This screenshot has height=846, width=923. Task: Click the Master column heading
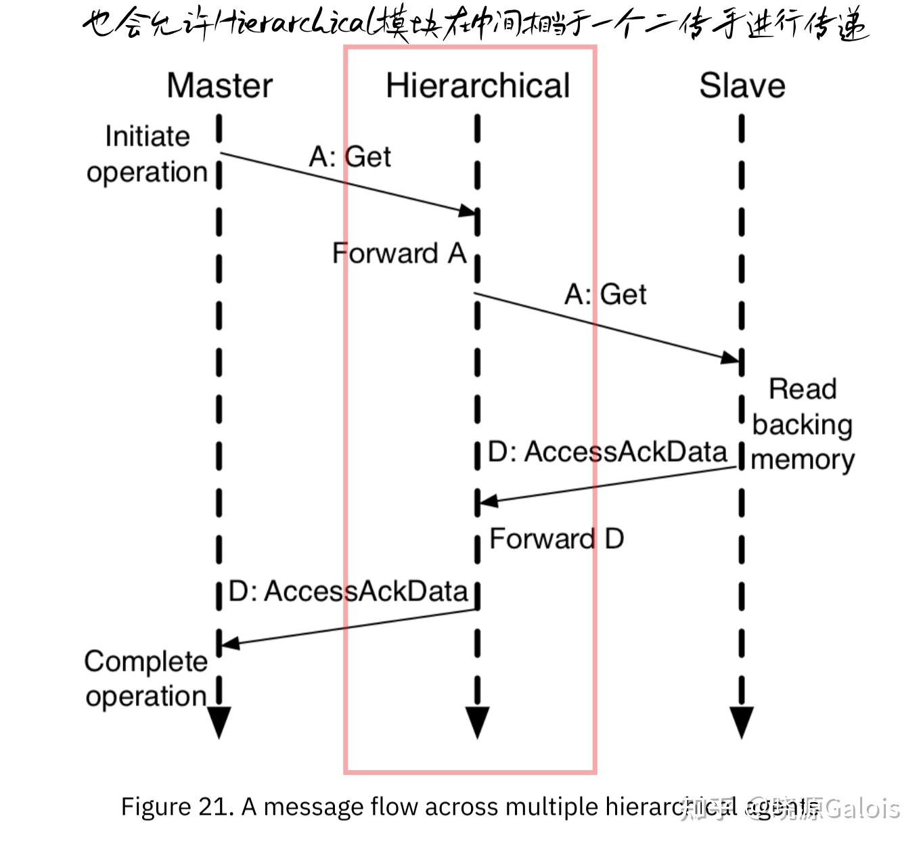pos(219,86)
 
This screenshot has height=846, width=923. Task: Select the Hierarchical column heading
pos(478,86)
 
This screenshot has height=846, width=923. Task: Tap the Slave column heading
pos(742,86)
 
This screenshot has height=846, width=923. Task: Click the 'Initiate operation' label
pos(147,154)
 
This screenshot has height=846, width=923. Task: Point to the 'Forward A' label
pos(399,253)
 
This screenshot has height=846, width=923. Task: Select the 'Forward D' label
pos(556,539)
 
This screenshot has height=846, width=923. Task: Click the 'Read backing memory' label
pos(803,424)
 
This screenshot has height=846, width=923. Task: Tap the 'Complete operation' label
pos(145,679)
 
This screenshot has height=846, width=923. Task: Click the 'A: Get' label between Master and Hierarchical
pos(350,157)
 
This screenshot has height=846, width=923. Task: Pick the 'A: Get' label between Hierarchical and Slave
pos(606,294)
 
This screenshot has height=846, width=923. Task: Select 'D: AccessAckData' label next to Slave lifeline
pos(607,452)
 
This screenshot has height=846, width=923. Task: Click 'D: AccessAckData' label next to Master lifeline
pos(348,591)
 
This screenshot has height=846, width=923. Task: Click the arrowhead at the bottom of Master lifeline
pos(219,723)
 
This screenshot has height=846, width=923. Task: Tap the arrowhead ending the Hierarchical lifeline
pos(478,723)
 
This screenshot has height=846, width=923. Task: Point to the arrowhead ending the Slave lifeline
pos(742,723)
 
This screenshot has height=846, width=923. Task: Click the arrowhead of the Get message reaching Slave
pos(731,357)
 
